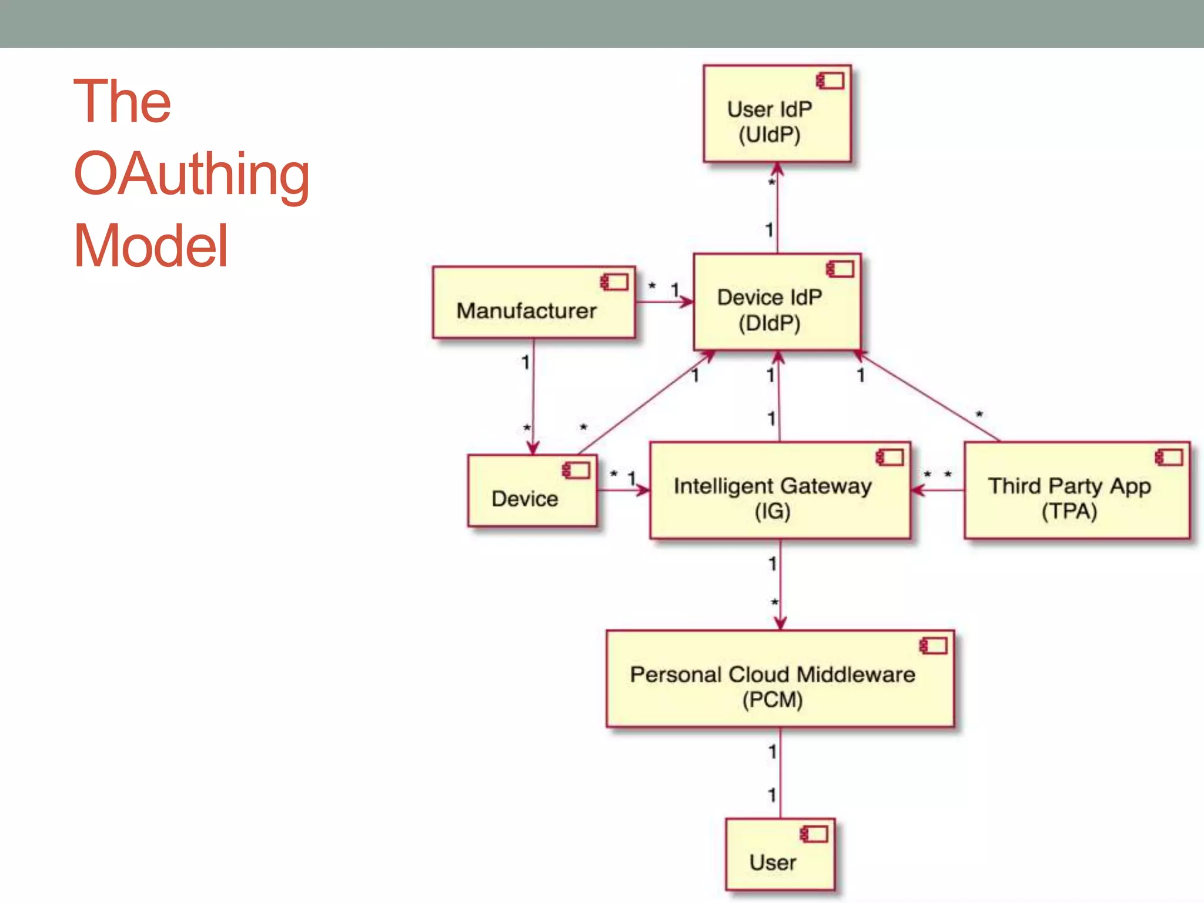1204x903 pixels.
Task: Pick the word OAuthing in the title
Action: (x=192, y=174)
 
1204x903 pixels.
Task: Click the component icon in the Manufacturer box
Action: (x=614, y=282)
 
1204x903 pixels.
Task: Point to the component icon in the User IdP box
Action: (x=830, y=81)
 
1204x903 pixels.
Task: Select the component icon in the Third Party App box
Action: (x=1169, y=457)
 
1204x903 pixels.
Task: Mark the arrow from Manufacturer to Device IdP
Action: (x=664, y=302)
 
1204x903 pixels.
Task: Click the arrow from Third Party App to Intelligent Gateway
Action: (x=938, y=490)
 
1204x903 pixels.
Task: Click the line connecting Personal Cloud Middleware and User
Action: (x=780, y=772)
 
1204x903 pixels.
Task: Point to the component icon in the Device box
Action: (x=576, y=470)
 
